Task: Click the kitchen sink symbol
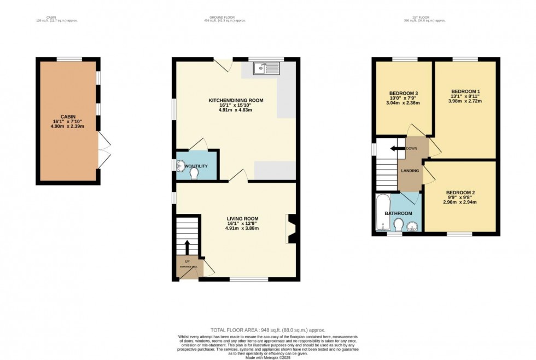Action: (x=266, y=68)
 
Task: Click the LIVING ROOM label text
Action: (x=242, y=219)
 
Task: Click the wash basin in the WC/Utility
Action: (x=180, y=166)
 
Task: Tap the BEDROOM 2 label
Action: (x=460, y=193)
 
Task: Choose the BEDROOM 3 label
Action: (x=403, y=92)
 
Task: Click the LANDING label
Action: (x=410, y=171)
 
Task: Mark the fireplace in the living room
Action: (x=291, y=229)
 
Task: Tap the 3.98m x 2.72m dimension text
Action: (x=465, y=101)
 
